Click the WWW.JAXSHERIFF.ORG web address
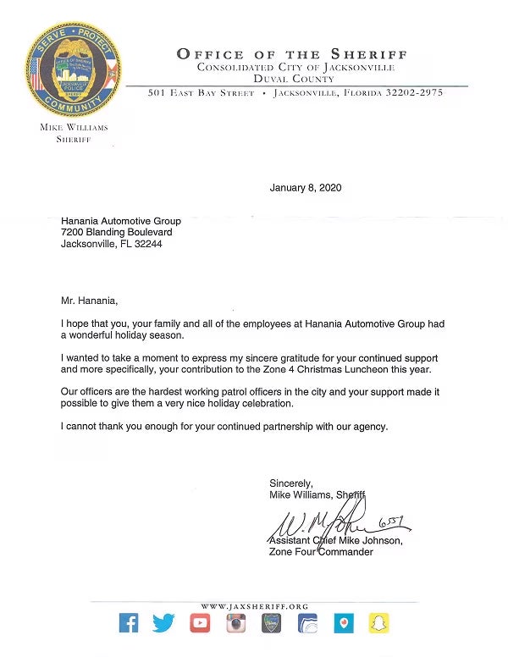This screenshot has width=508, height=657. pos(254,606)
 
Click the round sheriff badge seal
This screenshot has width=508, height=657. pos(73,69)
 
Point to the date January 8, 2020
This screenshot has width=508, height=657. pos(306,188)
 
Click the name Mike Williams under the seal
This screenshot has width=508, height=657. pos(74,128)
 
